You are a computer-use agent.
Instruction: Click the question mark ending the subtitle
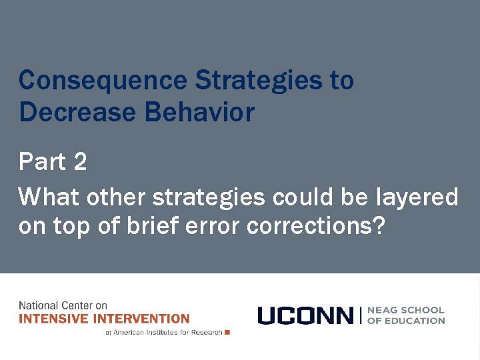(379, 226)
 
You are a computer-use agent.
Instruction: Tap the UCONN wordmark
(305, 315)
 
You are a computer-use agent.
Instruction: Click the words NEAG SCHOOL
(405, 310)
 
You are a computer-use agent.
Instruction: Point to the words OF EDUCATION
(405, 321)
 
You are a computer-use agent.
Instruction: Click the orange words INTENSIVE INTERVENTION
(104, 319)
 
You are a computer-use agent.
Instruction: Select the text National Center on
(63, 306)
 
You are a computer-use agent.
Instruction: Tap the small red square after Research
(227, 332)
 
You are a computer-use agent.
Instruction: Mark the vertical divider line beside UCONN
(360, 315)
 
